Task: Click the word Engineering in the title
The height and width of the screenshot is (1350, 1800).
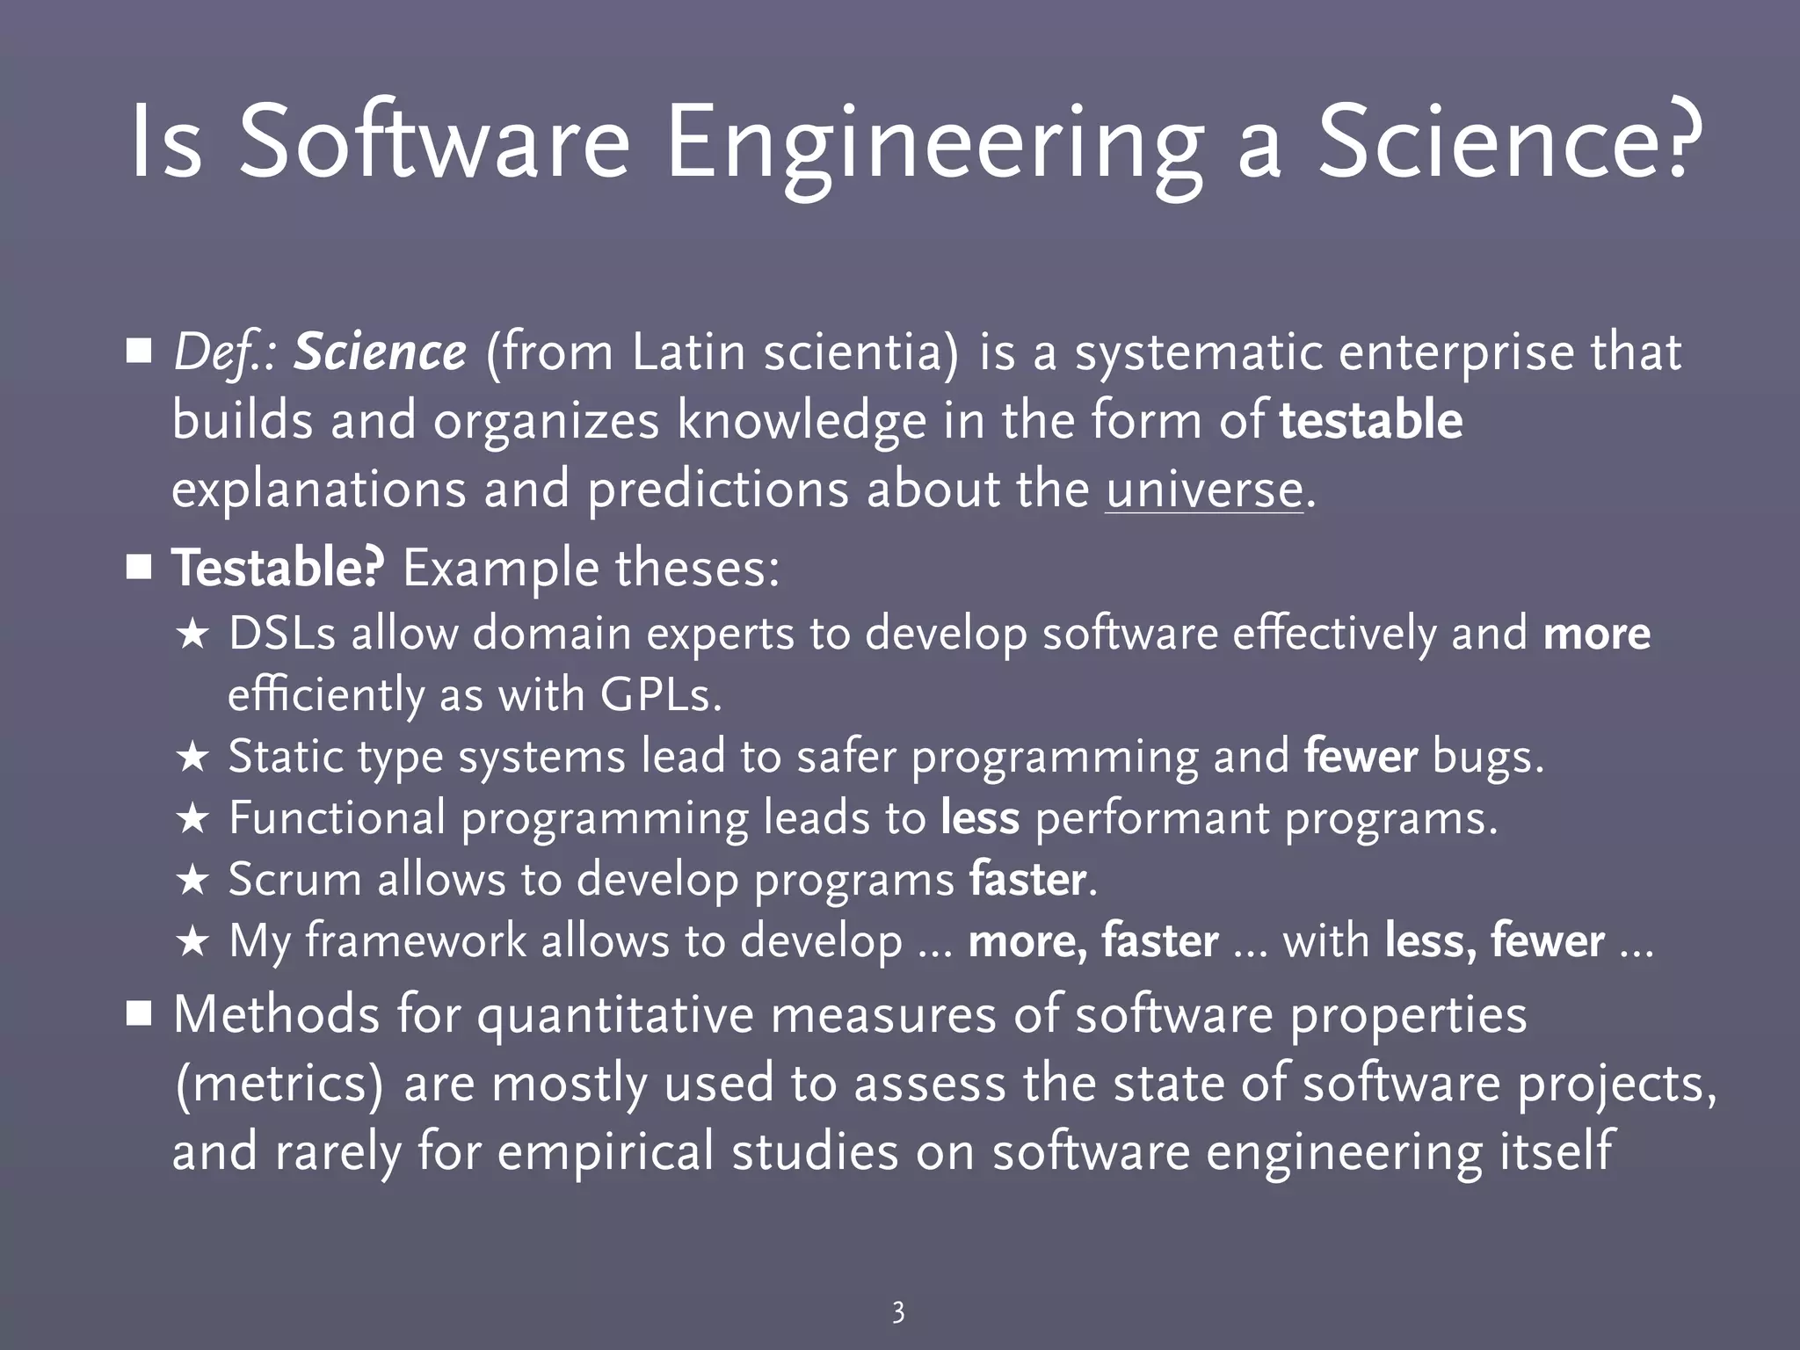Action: [933, 143]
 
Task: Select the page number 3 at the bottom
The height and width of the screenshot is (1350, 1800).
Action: [898, 1312]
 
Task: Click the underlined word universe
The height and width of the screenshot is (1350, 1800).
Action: [1204, 490]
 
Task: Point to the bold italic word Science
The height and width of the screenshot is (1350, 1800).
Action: [380, 352]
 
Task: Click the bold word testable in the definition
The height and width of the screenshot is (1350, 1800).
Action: [1371, 420]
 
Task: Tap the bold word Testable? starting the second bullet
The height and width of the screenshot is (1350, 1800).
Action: [278, 569]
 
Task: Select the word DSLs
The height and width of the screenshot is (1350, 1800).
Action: [282, 634]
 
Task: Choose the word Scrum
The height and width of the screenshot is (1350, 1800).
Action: [294, 880]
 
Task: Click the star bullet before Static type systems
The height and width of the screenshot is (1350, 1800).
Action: [192, 758]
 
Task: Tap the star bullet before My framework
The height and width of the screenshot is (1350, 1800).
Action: [192, 942]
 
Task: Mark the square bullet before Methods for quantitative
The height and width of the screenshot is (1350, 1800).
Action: [139, 1015]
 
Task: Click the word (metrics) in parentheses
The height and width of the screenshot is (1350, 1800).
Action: [279, 1084]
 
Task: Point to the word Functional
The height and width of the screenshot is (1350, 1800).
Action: [337, 818]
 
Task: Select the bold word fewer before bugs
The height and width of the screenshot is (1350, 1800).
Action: [1361, 757]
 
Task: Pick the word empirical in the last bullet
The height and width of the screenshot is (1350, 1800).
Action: [606, 1151]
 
